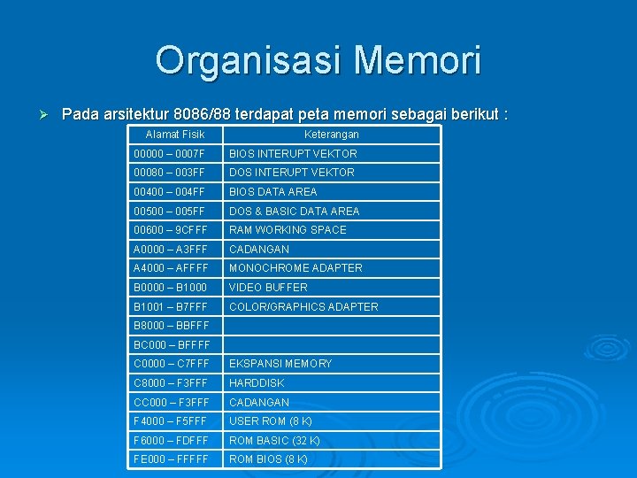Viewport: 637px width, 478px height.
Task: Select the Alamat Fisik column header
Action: pyautogui.click(x=174, y=135)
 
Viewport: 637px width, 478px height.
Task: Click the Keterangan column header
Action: pyautogui.click(x=331, y=135)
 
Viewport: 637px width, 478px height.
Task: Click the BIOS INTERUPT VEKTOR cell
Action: pyautogui.click(x=293, y=153)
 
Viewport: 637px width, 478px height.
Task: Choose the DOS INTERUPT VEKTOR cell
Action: pyautogui.click(x=292, y=173)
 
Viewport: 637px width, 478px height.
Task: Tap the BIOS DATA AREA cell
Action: pyautogui.click(x=272, y=192)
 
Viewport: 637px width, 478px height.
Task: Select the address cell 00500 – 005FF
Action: pyautogui.click(x=169, y=212)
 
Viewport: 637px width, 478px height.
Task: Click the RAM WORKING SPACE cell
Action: pyautogui.click(x=288, y=230)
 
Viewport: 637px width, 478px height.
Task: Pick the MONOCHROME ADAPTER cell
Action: pyautogui.click(x=295, y=268)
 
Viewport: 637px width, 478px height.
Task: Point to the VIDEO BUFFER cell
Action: pyautogui.click(x=268, y=288)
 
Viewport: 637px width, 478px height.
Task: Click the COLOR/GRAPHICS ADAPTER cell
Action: pyautogui.click(x=303, y=307)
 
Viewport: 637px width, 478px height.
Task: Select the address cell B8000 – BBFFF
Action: pyautogui.click(x=172, y=326)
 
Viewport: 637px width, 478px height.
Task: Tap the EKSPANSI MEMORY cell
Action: pyautogui.click(x=280, y=364)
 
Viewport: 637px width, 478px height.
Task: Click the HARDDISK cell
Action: pyautogui.click(x=257, y=383)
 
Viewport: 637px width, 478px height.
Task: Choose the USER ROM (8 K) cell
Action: pyautogui.click(x=270, y=421)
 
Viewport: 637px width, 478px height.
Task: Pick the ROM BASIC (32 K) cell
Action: pyautogui.click(x=274, y=441)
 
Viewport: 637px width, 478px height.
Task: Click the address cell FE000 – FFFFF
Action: pyautogui.click(x=171, y=459)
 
